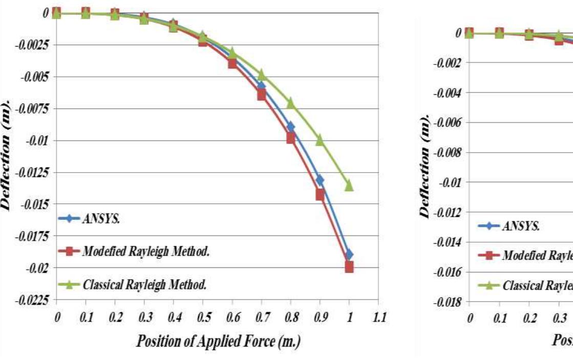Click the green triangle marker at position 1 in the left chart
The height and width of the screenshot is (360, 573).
coord(349,185)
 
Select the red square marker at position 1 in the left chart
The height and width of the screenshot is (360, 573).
coord(349,267)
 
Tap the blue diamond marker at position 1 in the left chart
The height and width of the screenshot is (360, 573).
coord(349,255)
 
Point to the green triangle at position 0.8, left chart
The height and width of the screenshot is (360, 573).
coord(291,103)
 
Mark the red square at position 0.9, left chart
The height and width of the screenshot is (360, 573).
coord(320,195)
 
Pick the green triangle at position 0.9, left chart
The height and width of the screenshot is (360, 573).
coord(320,139)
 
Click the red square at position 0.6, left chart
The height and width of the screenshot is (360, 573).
coord(232,63)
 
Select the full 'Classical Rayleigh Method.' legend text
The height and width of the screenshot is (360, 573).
coord(144,285)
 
